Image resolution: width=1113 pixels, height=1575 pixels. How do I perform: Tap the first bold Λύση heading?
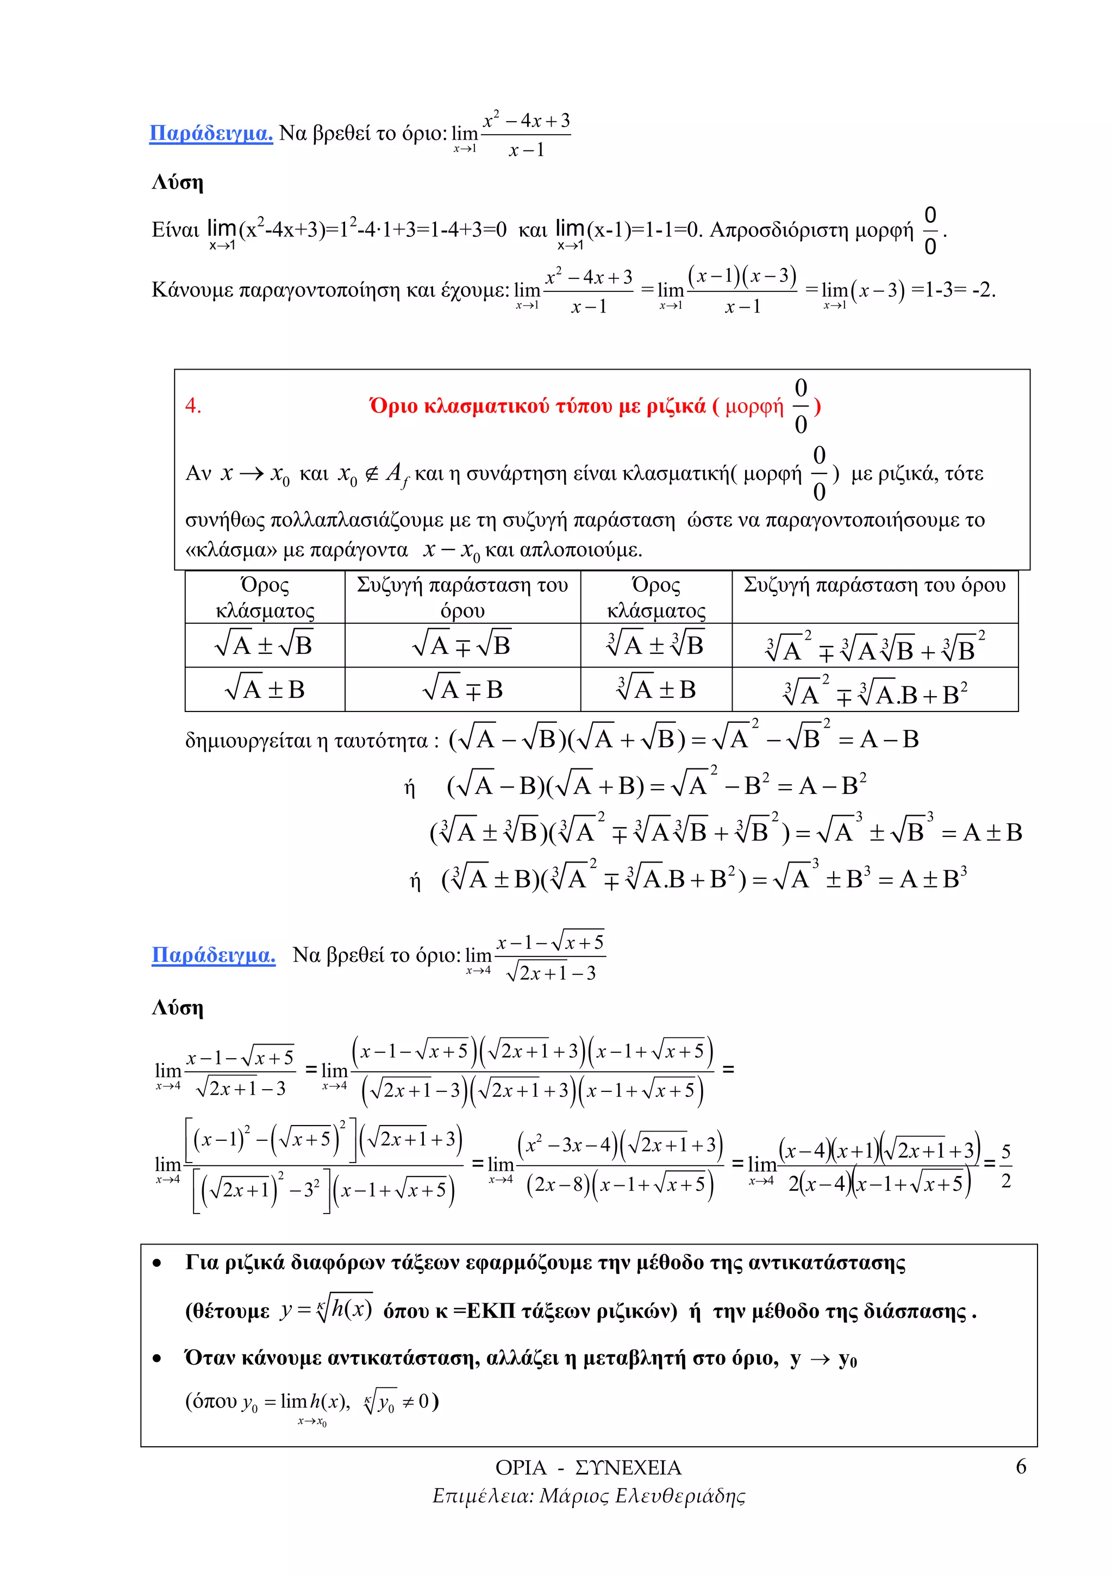[x=178, y=183]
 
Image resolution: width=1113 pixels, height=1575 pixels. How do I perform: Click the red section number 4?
[x=193, y=405]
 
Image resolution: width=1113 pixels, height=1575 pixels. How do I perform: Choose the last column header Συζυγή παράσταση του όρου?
[x=874, y=585]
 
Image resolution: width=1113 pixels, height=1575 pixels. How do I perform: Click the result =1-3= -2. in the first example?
[x=953, y=290]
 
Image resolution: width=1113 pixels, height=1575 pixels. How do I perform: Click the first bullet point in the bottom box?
[x=157, y=1263]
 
